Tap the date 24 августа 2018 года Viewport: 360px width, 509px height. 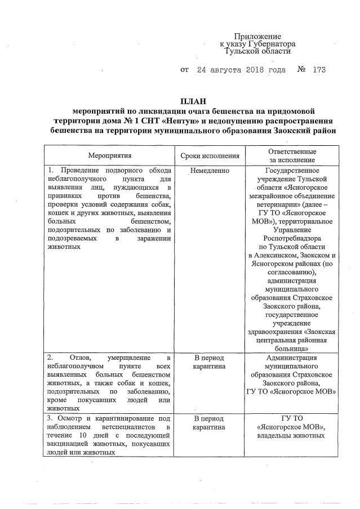click(x=242, y=70)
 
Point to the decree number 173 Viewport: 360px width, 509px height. click(x=318, y=70)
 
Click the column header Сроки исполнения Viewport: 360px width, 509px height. click(x=210, y=155)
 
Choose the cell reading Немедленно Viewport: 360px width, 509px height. click(x=210, y=170)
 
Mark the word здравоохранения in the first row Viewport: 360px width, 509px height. click(x=274, y=332)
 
